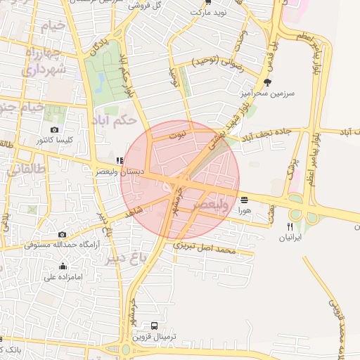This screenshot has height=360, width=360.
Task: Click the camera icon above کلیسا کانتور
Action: point(55,130)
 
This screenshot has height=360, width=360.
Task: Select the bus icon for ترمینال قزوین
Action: point(155,326)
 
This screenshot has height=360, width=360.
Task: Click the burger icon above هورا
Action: point(244,200)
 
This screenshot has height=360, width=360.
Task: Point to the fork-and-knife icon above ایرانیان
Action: point(290,226)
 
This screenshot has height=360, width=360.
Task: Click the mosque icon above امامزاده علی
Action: point(63,266)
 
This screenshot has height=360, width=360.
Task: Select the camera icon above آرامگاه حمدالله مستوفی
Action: point(62,234)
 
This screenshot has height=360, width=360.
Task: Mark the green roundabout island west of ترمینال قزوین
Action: point(125,348)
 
